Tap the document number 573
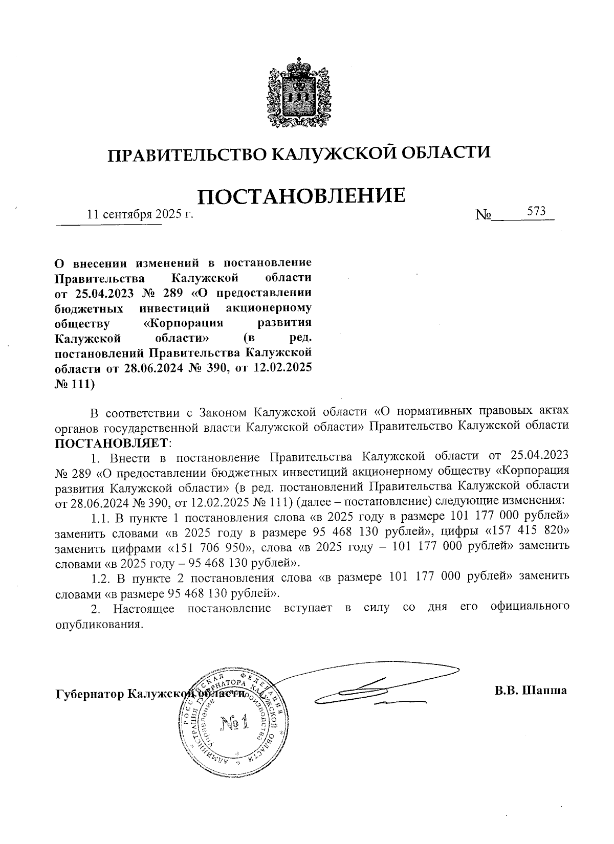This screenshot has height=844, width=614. [x=537, y=211]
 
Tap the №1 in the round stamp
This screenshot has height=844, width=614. [x=234, y=722]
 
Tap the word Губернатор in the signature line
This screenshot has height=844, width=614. [x=89, y=695]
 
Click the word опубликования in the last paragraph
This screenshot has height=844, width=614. [x=97, y=625]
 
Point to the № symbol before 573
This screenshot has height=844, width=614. [x=484, y=215]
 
